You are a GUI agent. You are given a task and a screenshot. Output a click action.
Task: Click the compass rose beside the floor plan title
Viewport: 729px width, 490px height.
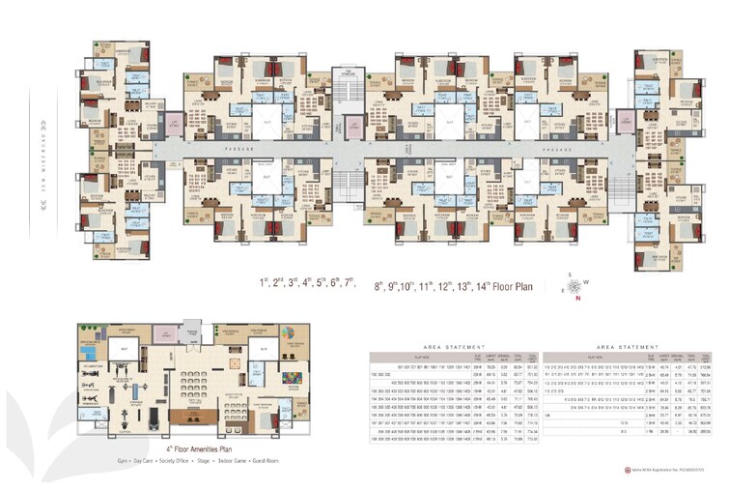[575, 286]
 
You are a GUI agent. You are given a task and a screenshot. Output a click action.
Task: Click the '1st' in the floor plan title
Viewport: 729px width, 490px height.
[262, 283]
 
